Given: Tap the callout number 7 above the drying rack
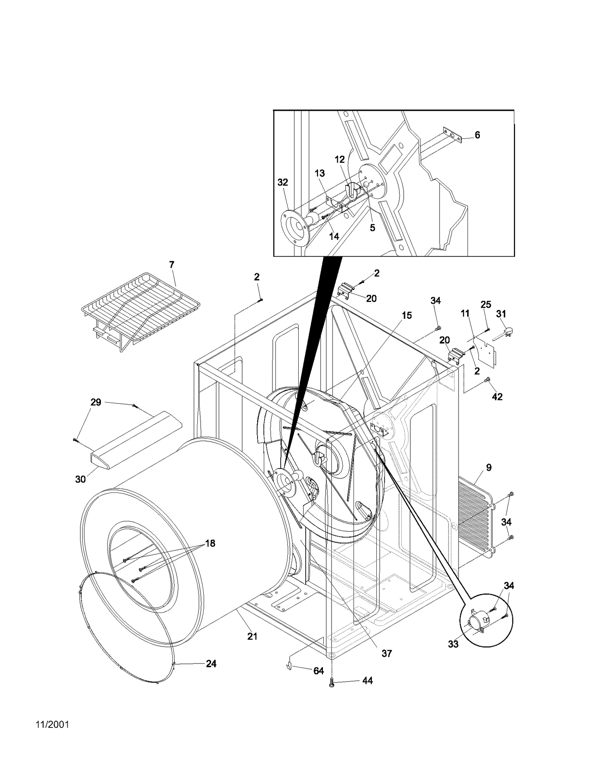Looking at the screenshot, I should pyautogui.click(x=172, y=265).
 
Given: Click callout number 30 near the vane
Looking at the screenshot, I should pyautogui.click(x=80, y=479).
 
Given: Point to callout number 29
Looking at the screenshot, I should pyautogui.click(x=96, y=402).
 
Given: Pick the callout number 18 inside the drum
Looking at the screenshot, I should pyautogui.click(x=210, y=543).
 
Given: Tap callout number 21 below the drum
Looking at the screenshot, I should pyautogui.click(x=252, y=636).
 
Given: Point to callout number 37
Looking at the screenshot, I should pyautogui.click(x=386, y=653).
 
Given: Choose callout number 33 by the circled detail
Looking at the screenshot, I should pyautogui.click(x=453, y=644).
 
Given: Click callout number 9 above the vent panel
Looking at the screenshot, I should pyautogui.click(x=489, y=467).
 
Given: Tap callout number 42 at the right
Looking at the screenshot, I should pyautogui.click(x=497, y=397).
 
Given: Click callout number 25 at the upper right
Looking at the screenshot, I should pyautogui.click(x=486, y=304).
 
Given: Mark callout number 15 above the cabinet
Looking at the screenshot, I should pyautogui.click(x=407, y=315).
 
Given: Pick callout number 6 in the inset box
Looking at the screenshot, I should pyautogui.click(x=477, y=135).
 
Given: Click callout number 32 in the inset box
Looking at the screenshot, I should pyautogui.click(x=283, y=182).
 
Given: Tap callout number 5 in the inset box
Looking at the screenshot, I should pyautogui.click(x=372, y=228).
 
